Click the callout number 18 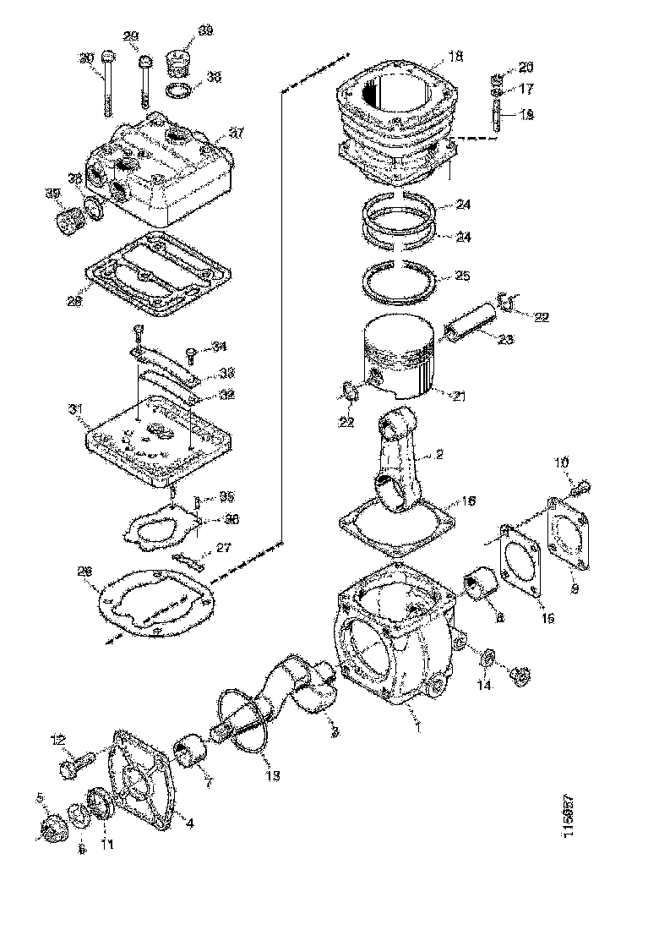point(456,57)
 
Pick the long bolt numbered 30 point(106,85)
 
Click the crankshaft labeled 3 point(296,685)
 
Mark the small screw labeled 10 point(580,488)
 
